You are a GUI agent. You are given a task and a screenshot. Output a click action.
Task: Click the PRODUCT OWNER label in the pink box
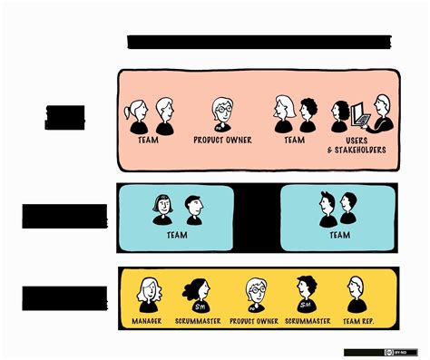(223, 141)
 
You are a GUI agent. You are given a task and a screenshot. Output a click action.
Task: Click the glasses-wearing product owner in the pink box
(222, 114)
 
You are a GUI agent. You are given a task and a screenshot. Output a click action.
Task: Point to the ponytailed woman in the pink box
(139, 114)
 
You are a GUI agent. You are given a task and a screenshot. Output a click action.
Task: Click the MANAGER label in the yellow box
(148, 322)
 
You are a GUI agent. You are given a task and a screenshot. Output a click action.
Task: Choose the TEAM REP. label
(356, 322)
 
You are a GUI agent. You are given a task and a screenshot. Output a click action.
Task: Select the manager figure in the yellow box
(148, 293)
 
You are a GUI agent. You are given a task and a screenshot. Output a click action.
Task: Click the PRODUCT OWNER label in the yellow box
(254, 322)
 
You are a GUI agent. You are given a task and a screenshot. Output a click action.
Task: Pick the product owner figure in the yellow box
(255, 293)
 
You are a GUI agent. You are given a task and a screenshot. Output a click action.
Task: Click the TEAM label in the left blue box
(178, 234)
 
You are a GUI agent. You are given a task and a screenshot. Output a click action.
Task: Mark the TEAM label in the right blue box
(340, 234)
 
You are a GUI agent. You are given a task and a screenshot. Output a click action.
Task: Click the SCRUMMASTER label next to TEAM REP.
(307, 322)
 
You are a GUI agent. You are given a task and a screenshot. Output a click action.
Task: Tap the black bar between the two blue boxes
(257, 218)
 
